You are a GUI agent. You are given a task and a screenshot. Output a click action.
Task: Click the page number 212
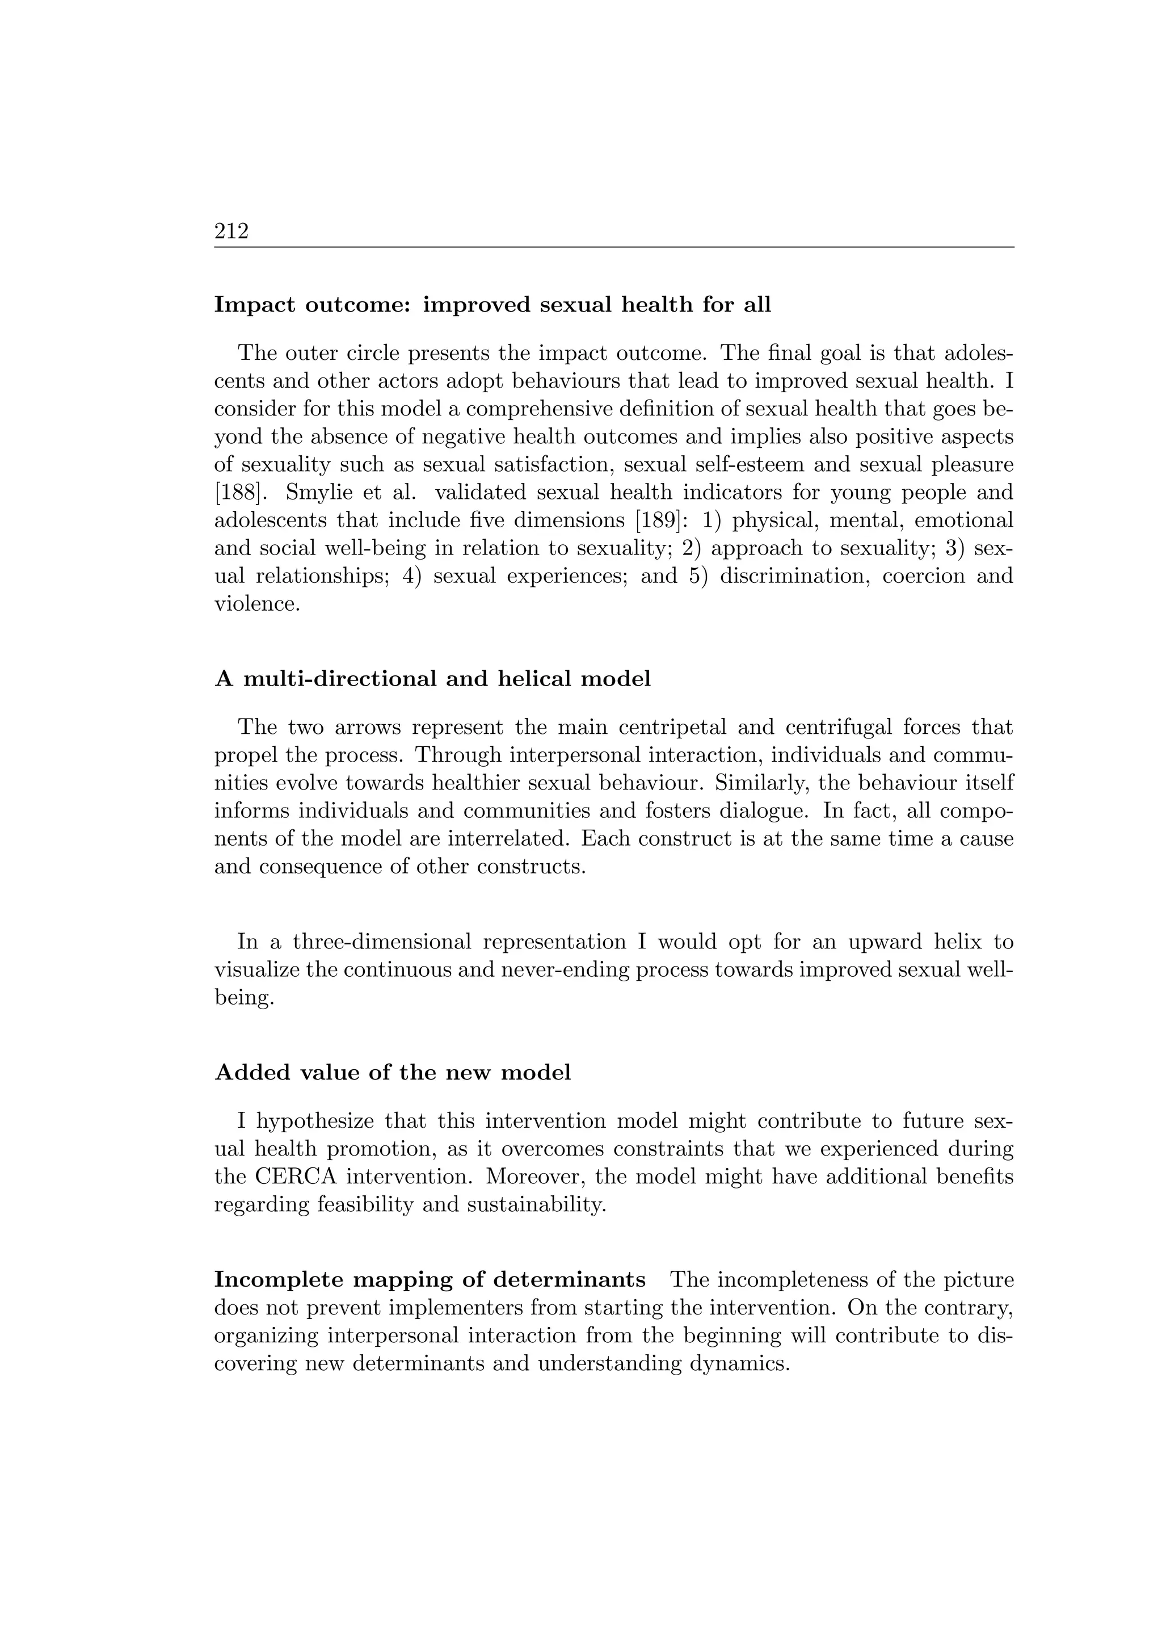[x=231, y=232]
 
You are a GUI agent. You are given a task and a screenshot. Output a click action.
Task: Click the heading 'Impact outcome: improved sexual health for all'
[x=492, y=305]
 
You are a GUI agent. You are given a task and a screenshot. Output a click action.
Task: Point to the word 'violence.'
[x=256, y=604]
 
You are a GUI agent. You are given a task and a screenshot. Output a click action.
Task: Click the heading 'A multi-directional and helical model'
[x=432, y=679]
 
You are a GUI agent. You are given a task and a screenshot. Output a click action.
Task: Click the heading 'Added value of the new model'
[x=393, y=1073]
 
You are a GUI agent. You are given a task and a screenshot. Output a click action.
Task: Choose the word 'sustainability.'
[x=536, y=1204]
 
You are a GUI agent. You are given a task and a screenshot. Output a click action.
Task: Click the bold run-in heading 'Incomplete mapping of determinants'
[x=430, y=1280]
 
